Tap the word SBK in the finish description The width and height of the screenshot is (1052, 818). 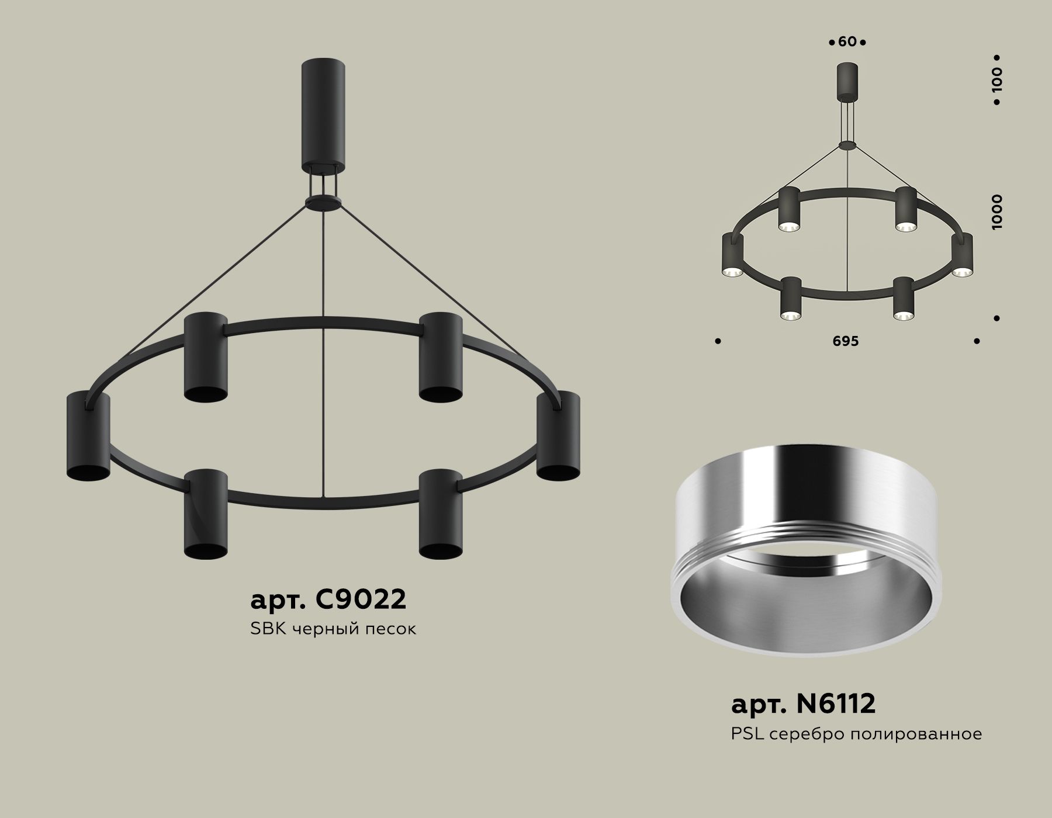(267, 629)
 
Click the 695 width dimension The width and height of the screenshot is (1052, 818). (846, 341)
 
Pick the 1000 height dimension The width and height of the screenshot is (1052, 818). (997, 212)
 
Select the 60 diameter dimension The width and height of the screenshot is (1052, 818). (847, 42)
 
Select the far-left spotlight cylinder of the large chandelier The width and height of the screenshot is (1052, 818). (88, 436)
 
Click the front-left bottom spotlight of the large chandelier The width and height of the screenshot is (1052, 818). (206, 513)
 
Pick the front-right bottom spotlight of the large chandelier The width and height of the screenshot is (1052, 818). (441, 513)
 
